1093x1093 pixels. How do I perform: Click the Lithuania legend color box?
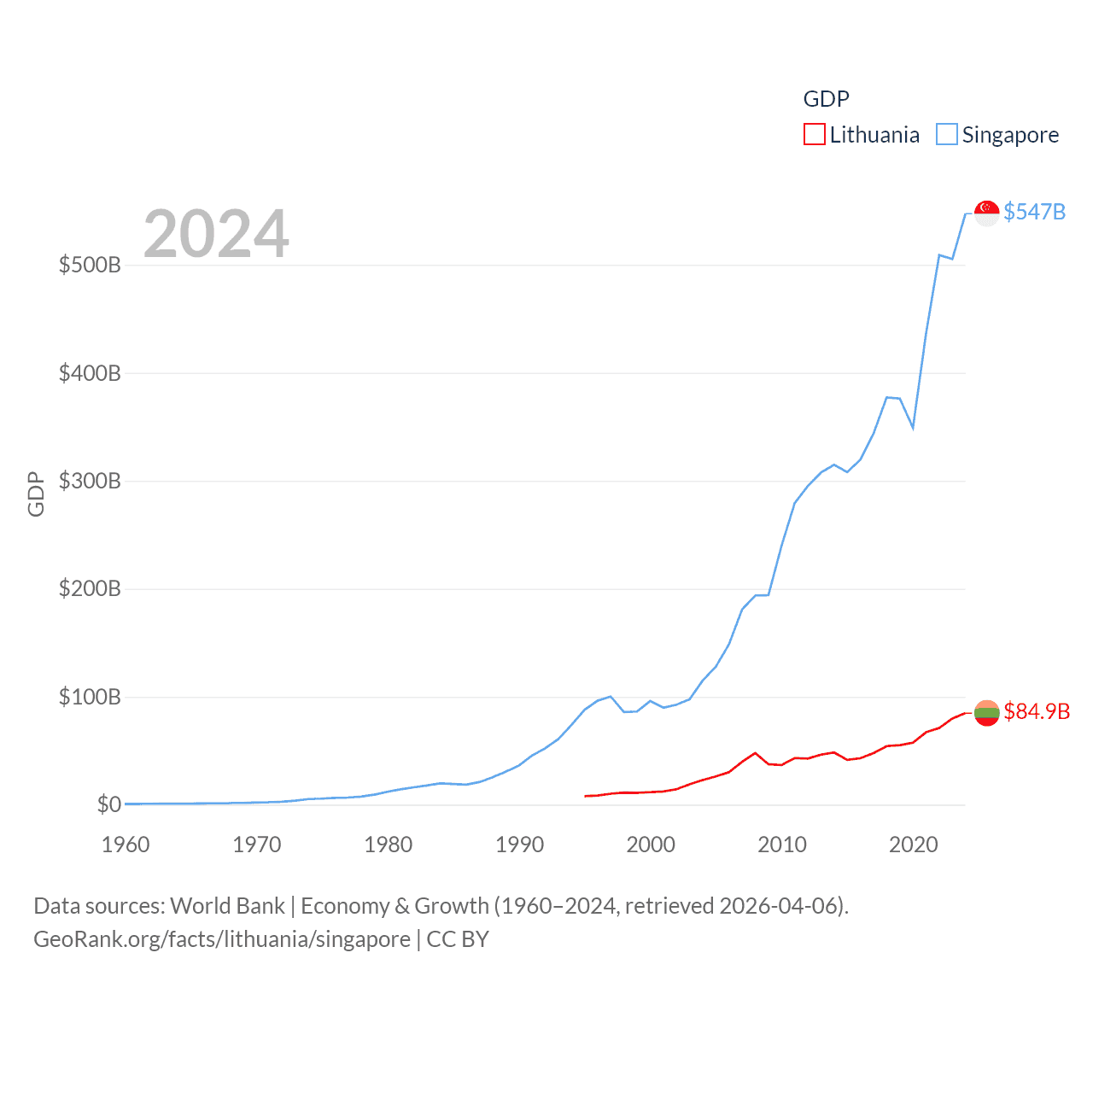814,135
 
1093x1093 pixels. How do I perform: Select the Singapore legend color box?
946,135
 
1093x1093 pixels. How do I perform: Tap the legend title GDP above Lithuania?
826,99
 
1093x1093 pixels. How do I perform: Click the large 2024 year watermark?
216,234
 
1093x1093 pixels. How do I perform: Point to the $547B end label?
1034,212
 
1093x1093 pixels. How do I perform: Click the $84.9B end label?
1036,711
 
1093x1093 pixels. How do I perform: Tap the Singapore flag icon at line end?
986,213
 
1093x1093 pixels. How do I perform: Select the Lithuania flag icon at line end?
986,712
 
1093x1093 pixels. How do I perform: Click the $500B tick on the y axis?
90,265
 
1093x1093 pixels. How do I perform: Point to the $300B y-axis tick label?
90,481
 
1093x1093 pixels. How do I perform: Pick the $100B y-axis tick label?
90,697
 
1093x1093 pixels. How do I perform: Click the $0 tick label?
108,804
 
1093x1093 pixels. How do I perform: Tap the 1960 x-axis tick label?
126,845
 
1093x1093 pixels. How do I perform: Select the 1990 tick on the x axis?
519,845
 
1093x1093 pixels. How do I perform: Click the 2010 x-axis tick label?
782,845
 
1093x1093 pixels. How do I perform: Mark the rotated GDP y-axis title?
36,494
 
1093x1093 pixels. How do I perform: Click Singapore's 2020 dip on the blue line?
913,427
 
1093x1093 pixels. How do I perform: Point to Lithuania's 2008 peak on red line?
755,753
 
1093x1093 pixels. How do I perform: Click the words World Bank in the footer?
227,905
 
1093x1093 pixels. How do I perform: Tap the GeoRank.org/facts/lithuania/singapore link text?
222,939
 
